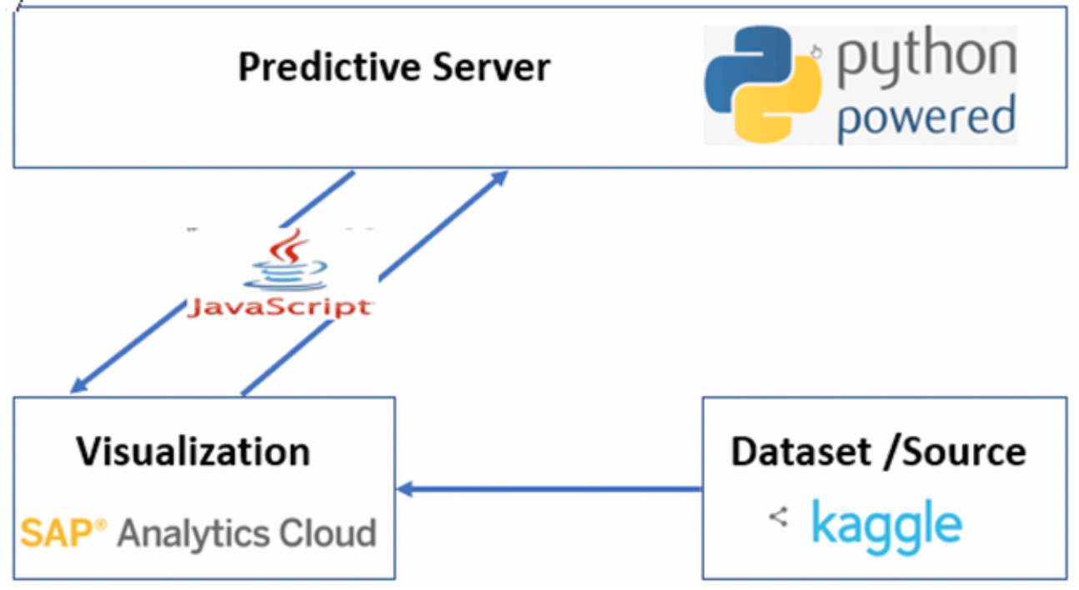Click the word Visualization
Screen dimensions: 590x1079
(193, 452)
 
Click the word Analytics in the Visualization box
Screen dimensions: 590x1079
(197, 532)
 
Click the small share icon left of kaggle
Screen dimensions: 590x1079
(778, 517)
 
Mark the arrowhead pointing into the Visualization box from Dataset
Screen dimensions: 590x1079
(406, 489)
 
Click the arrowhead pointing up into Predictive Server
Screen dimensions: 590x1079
(499, 176)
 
